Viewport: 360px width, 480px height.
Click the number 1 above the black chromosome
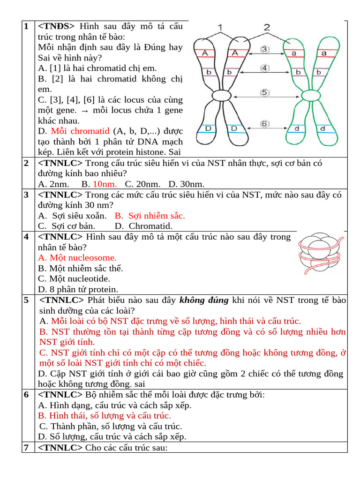point(221,27)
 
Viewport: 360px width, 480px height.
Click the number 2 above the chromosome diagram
point(267,27)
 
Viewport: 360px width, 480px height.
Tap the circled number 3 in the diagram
point(265,49)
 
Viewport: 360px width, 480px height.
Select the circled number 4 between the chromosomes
point(265,68)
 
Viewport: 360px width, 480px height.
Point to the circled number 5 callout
point(265,93)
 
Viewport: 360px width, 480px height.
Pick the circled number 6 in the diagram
point(265,124)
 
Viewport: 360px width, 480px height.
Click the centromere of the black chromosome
point(222,96)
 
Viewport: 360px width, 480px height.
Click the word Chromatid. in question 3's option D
point(150,226)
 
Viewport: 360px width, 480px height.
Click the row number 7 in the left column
point(26,448)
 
